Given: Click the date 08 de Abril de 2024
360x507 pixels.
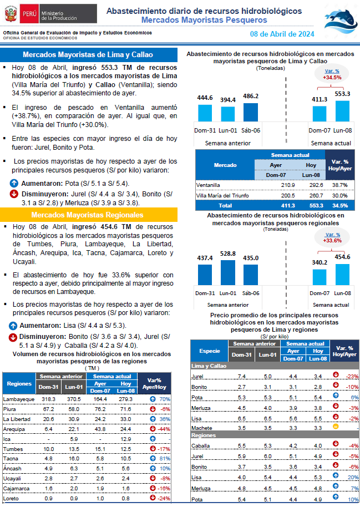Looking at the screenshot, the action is coord(282,34).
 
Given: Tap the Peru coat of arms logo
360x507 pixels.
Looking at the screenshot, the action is coord(11,14).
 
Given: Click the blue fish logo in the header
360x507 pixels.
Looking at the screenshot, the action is coord(341,22).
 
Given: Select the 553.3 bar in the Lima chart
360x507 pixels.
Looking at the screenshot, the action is coord(342,111).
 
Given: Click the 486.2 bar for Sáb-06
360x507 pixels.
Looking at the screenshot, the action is coord(250,112).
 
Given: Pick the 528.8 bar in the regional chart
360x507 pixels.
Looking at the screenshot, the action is coord(228,272).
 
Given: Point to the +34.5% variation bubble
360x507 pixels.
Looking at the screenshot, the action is coord(332,74).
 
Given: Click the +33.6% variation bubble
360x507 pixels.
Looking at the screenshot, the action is coord(332,237).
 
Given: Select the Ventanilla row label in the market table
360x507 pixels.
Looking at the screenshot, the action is coord(208,185).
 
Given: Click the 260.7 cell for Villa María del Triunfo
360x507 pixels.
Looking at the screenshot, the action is coord(316,196).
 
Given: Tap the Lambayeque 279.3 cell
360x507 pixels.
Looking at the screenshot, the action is coord(125,399).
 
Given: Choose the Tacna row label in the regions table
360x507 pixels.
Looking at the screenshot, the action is coord(11,459).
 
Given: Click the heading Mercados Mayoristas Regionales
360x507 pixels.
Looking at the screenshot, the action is coord(87,215).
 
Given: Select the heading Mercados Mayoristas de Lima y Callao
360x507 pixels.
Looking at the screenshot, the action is coord(88,55).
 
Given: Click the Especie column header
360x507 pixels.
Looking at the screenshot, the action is coord(210,351).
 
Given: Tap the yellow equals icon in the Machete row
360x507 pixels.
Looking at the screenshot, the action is coord(336,427).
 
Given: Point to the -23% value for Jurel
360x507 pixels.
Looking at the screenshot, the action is coord(352,377).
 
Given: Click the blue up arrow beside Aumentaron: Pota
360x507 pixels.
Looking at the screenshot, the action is coord(14,184).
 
